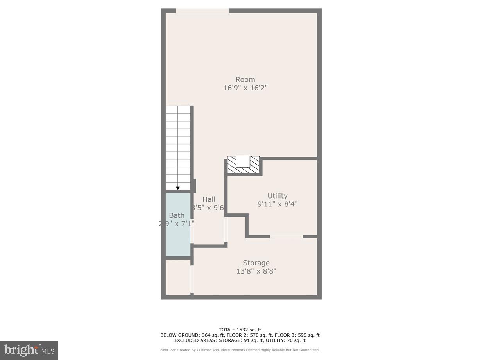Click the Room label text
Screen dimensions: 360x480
pos(245,79)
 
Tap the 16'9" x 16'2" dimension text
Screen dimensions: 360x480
pos(245,88)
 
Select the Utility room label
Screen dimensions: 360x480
pos(277,196)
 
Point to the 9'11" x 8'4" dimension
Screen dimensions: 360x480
pos(277,204)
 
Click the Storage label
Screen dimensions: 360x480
pos(256,263)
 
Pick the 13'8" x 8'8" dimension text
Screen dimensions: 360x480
pos(256,271)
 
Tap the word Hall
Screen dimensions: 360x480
pos(209,199)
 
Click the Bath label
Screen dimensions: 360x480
pos(177,215)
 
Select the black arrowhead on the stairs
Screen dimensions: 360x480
pos(178,188)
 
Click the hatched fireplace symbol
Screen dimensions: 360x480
pos(244,164)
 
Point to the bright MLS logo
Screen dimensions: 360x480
pos(29,350)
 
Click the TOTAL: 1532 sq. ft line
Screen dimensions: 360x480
pos(240,330)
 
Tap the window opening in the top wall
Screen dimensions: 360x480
pos(202,11)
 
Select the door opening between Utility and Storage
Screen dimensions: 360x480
pos(286,236)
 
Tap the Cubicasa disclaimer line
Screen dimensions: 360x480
pos(240,350)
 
